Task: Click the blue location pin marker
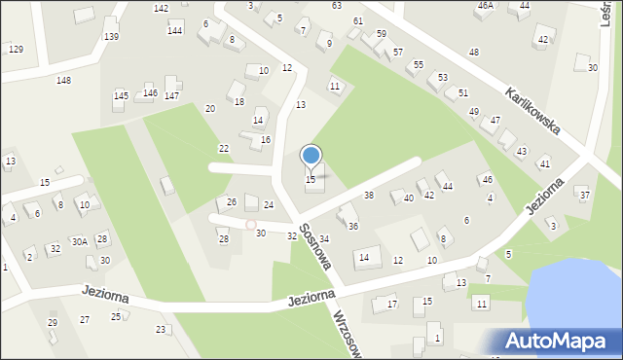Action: pos(311,156)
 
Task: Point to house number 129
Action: pos(16,49)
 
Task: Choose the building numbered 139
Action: pos(111,36)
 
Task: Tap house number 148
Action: pos(63,80)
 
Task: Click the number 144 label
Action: pos(174,31)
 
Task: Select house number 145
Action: pos(121,95)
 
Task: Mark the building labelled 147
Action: pos(171,95)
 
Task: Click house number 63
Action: pos(336,6)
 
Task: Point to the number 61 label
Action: pos(358,20)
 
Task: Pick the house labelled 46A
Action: pos(485,6)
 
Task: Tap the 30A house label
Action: pos(79,241)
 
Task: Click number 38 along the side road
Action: pos(369,196)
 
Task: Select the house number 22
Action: pos(224,148)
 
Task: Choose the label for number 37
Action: pos(585,196)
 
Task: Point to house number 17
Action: pos(392,305)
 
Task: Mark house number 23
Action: pos(161,329)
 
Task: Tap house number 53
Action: pos(443,77)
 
